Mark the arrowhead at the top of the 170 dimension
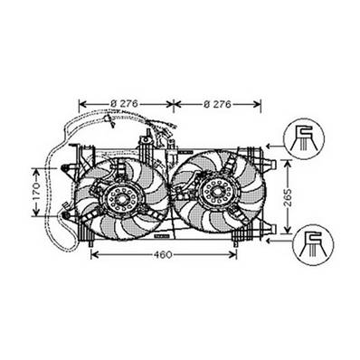pos(37,168)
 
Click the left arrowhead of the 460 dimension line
pos(96,254)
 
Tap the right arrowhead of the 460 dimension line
pos(237,254)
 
